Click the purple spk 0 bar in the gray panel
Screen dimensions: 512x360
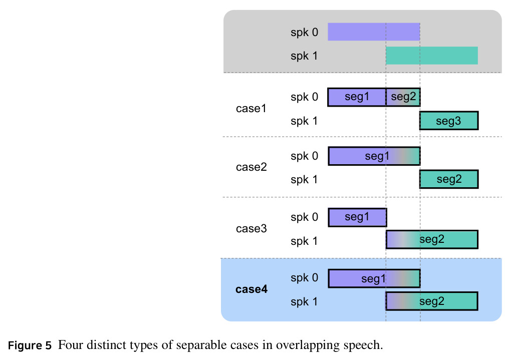click(x=374, y=32)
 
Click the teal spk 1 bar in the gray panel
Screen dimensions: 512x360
click(x=432, y=56)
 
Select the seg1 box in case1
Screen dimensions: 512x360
click(x=357, y=97)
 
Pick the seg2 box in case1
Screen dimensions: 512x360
click(x=403, y=97)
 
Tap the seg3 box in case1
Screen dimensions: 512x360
click(x=449, y=121)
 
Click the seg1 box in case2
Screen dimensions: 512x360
click(x=374, y=156)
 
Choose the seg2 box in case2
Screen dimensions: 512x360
click(x=449, y=179)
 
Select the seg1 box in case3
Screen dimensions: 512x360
click(x=358, y=217)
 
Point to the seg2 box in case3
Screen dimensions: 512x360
click(x=432, y=239)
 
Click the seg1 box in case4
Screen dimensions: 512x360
click(x=374, y=278)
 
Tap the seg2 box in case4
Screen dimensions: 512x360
click(x=432, y=301)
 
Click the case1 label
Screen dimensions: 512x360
click(x=251, y=108)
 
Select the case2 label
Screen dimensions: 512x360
click(x=251, y=167)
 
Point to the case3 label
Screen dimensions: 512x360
click(x=251, y=228)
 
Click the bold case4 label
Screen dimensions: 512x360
click(x=251, y=289)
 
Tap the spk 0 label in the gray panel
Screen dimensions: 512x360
click(x=304, y=33)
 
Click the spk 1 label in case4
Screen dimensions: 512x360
click(x=304, y=302)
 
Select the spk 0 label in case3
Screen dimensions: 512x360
click(x=304, y=217)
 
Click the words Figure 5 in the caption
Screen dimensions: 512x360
click(x=30, y=345)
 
